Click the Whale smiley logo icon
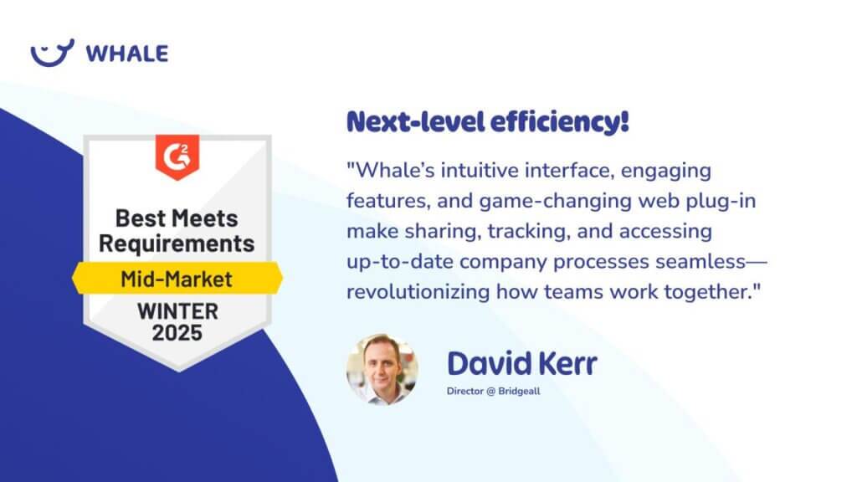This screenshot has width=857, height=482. tap(52, 53)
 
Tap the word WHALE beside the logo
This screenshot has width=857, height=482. tap(127, 54)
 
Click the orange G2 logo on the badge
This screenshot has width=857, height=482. tap(177, 156)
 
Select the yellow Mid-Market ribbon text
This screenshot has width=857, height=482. tap(177, 279)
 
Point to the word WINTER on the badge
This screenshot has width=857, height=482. tap(177, 311)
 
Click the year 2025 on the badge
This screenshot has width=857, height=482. tap(177, 333)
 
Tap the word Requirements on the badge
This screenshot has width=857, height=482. tap(177, 244)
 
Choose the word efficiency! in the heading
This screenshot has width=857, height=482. tap(560, 122)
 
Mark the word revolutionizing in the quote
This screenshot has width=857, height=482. tap(418, 292)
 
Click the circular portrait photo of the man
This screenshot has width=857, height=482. tap(382, 369)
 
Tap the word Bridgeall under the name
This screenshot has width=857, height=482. tap(519, 392)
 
